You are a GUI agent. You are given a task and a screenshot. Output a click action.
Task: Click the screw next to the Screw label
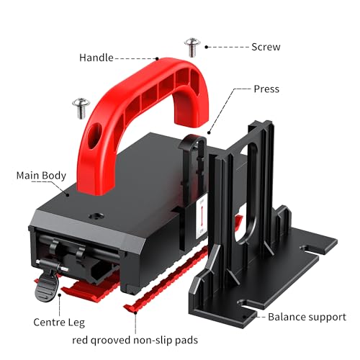click(x=192, y=47)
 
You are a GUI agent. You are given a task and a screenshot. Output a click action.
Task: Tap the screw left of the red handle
click(x=81, y=108)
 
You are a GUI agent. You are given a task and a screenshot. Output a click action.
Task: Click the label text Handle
click(x=96, y=58)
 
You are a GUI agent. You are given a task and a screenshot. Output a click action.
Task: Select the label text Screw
click(x=266, y=47)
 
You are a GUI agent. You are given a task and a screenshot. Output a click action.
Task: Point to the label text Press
click(x=266, y=89)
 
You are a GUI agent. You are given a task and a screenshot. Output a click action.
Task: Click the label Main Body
click(x=41, y=176)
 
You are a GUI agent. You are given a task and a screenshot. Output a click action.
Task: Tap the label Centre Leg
click(x=59, y=323)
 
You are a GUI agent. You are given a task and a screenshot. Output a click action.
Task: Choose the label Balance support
click(x=307, y=317)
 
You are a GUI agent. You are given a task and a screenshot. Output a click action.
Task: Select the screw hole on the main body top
click(x=96, y=216)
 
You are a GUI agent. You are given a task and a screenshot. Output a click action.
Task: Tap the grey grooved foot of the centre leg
click(x=47, y=287)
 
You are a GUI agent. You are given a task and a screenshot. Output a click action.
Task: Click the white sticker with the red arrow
click(x=202, y=218)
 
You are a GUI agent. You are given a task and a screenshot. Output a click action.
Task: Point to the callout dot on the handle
click(x=157, y=58)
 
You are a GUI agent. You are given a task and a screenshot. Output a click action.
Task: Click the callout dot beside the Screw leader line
click(x=206, y=47)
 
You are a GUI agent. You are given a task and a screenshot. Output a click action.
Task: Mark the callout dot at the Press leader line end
click(x=209, y=132)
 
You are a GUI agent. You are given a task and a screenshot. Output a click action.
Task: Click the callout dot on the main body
click(x=68, y=195)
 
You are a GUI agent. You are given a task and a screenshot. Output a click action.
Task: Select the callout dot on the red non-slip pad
click(x=135, y=312)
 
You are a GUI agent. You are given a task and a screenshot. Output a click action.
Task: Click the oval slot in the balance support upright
click(x=248, y=193)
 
